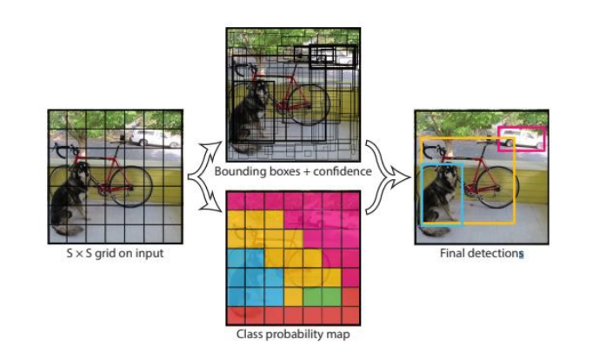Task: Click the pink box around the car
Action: pos(522,127)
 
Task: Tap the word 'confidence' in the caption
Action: pos(343,171)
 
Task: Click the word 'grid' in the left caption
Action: pos(105,253)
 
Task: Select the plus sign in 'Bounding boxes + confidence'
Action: pos(306,171)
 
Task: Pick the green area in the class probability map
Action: pos(322,297)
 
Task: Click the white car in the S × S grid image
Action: pos(155,138)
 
